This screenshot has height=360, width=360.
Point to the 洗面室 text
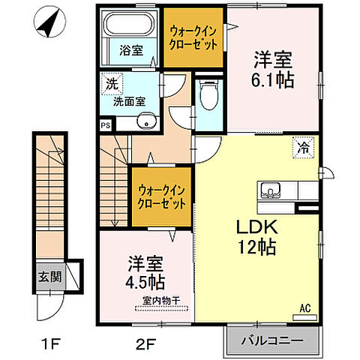[129, 99]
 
